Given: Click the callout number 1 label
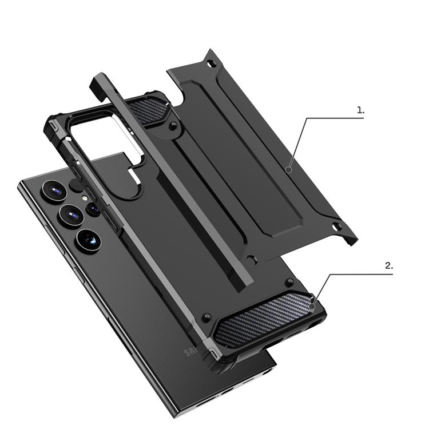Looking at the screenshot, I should coord(360,110).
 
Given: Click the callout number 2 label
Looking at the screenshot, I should coord(389,266).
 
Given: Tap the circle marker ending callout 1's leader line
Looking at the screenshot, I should coord(289,169).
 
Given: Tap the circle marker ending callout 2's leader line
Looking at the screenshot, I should coord(312,307).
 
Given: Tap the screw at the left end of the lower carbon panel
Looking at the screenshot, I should coord(208,317).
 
